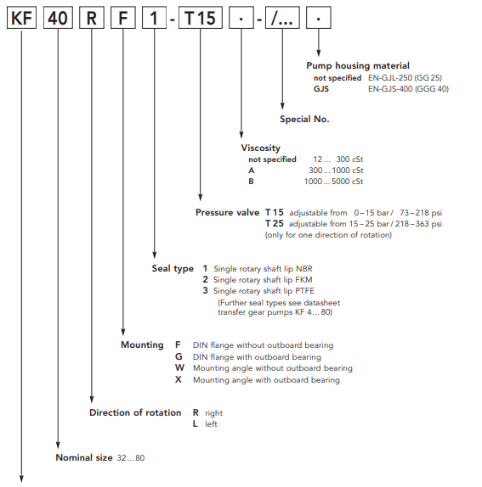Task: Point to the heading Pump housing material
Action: point(358,65)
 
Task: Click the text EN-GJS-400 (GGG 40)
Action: point(408,89)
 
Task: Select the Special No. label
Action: point(304,119)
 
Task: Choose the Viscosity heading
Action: point(260,148)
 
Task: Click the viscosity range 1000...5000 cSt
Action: point(333,182)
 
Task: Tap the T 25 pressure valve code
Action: point(274,223)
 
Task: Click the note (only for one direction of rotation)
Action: point(328,235)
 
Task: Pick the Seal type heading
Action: point(173,269)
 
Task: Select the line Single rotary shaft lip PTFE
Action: point(264,291)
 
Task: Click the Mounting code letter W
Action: point(179,367)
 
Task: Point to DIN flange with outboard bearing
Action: point(257,357)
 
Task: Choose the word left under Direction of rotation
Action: point(211,424)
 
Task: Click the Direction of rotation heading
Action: point(135,412)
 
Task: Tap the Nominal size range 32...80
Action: point(131,458)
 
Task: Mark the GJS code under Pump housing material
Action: point(321,89)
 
